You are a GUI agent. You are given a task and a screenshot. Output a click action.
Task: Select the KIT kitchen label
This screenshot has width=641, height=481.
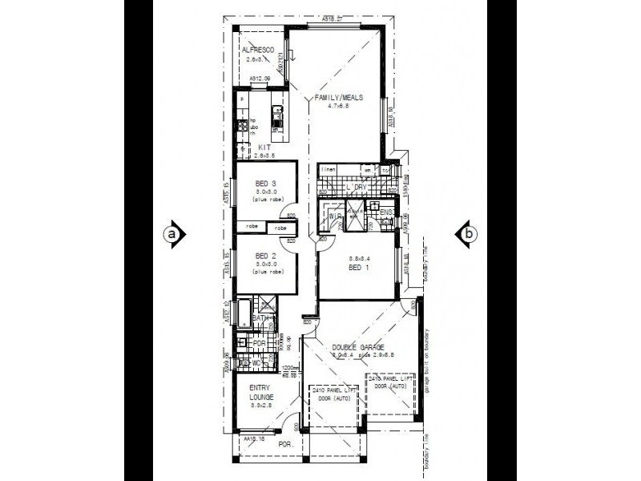tap(265, 147)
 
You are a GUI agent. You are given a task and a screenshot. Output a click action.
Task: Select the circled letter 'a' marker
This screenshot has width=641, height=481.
tap(171, 234)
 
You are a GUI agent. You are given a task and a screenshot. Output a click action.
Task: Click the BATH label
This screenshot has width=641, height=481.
tap(260, 318)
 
